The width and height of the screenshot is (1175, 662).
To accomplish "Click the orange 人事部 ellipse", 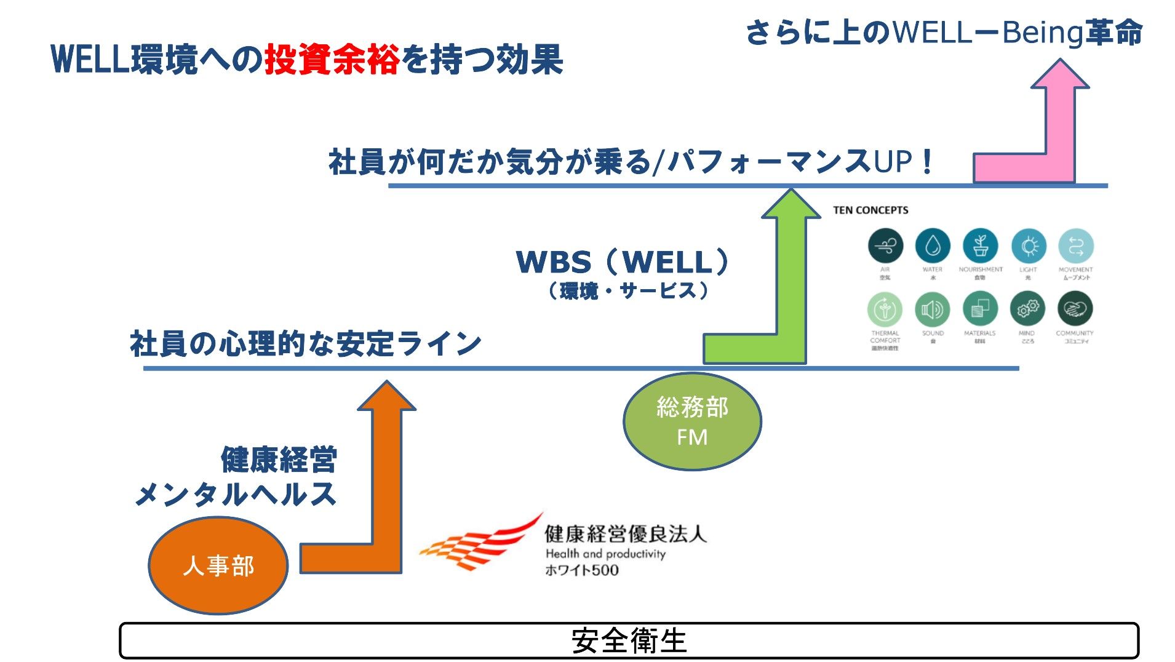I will coord(218,565).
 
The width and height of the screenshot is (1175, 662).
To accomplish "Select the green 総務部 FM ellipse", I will coord(692,421).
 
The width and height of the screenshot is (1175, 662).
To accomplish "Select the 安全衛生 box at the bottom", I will coord(629,640).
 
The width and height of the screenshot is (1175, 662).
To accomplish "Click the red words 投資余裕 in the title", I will coord(332,60).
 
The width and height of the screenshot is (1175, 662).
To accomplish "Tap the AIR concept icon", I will coord(885,246).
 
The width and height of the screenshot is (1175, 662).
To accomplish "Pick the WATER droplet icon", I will coord(933,246).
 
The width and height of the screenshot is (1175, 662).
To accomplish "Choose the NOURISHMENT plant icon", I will coord(981,246).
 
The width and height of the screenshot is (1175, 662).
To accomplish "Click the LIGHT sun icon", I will coord(1029,246).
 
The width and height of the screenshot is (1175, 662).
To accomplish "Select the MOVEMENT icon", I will coord(1076,246).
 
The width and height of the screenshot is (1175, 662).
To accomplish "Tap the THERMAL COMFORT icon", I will coord(885,309).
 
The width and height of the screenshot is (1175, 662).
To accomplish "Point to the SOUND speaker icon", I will coord(933,309).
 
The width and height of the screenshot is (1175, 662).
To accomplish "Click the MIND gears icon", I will coord(1027,309).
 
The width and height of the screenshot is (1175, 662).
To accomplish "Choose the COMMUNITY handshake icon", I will coord(1075,309).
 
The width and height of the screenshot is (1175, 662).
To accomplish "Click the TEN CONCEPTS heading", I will coord(870,210).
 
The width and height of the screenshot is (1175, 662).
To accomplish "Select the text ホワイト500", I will coord(582,570).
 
